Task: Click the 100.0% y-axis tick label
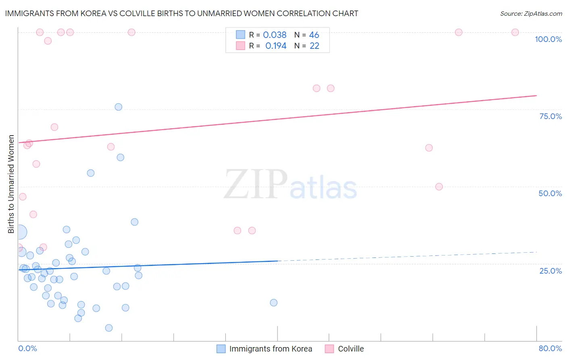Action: coord(548,39)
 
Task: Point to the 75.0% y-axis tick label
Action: coord(550,116)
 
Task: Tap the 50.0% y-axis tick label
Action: coord(550,193)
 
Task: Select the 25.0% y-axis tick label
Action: coord(550,271)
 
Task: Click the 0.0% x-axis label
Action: coord(27,348)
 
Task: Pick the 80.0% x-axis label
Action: coord(550,348)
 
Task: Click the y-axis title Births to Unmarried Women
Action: coord(11,184)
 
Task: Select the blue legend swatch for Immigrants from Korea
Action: coord(221,349)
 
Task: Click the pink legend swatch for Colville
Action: coord(329,349)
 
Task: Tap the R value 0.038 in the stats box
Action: coord(275,35)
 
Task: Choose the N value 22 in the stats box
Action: coord(315,46)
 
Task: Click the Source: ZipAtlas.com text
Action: coord(531,14)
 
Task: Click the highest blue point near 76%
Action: coord(119,107)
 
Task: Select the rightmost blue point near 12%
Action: coord(274,303)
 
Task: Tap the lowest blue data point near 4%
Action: coord(109,328)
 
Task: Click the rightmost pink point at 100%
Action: coord(515,32)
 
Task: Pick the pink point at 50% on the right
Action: coord(439,186)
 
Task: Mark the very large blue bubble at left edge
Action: coord(19,232)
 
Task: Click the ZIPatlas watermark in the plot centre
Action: coord(290,184)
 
